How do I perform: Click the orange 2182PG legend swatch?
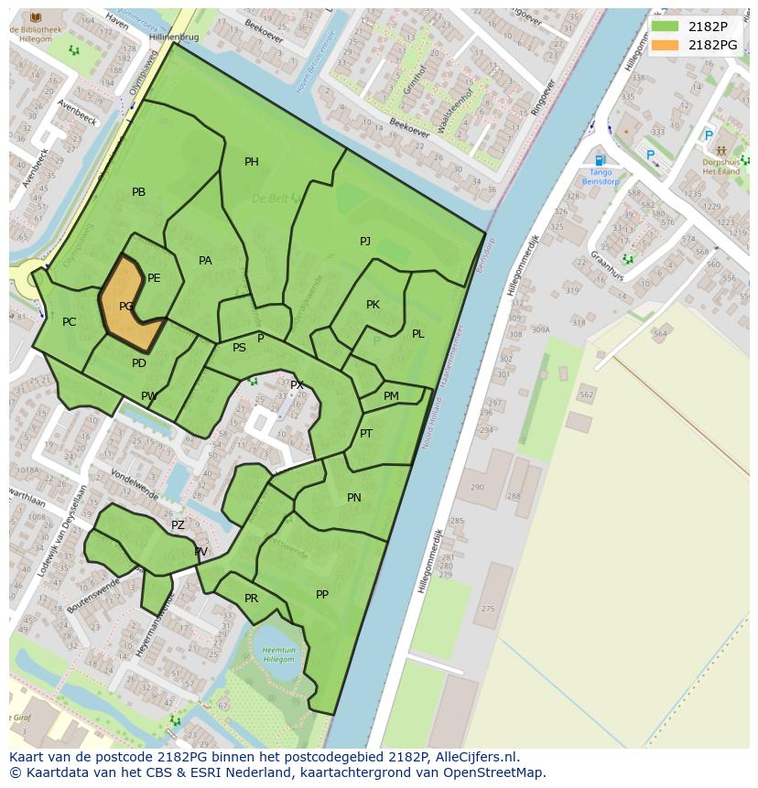666,45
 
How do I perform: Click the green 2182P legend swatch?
666,27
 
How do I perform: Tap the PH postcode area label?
251,162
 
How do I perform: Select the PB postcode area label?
138,192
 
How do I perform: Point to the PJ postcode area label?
365,241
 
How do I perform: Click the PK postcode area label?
373,305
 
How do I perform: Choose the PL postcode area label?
417,334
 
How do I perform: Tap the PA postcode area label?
205,261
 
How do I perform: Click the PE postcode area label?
154,278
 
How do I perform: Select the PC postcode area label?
69,322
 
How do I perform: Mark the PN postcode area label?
354,498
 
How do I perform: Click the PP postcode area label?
322,595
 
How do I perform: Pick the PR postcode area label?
251,599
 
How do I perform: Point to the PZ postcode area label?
178,525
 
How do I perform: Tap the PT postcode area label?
366,434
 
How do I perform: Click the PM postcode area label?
391,396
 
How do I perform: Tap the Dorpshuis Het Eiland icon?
721,150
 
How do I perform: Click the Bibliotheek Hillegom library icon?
36,18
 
